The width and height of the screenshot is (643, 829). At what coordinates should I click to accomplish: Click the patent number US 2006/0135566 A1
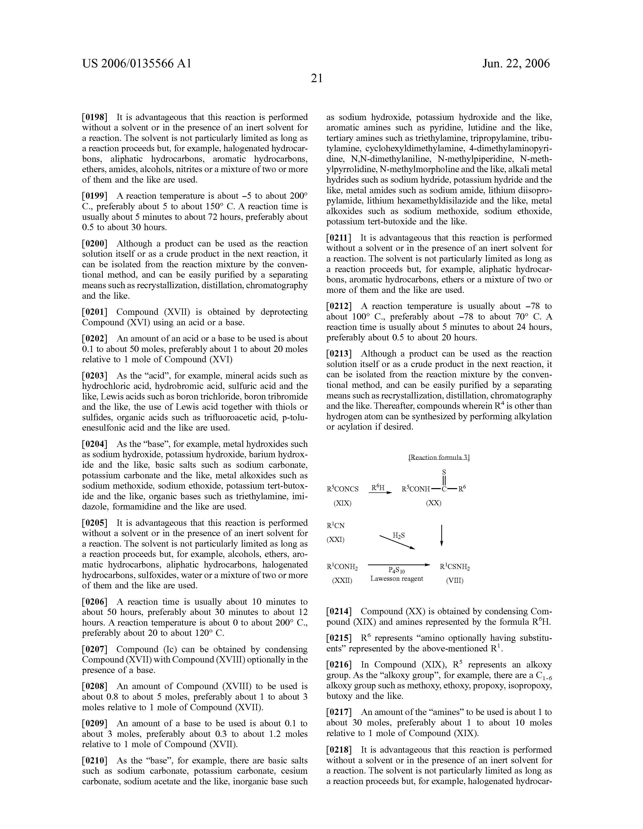point(137,63)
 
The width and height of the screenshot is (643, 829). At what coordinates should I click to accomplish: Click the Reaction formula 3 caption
point(439,457)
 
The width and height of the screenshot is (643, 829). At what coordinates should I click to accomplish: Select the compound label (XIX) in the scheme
point(342,503)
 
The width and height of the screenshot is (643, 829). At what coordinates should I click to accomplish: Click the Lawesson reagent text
point(397,579)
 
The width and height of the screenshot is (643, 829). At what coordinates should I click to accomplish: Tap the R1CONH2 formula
point(342,567)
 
